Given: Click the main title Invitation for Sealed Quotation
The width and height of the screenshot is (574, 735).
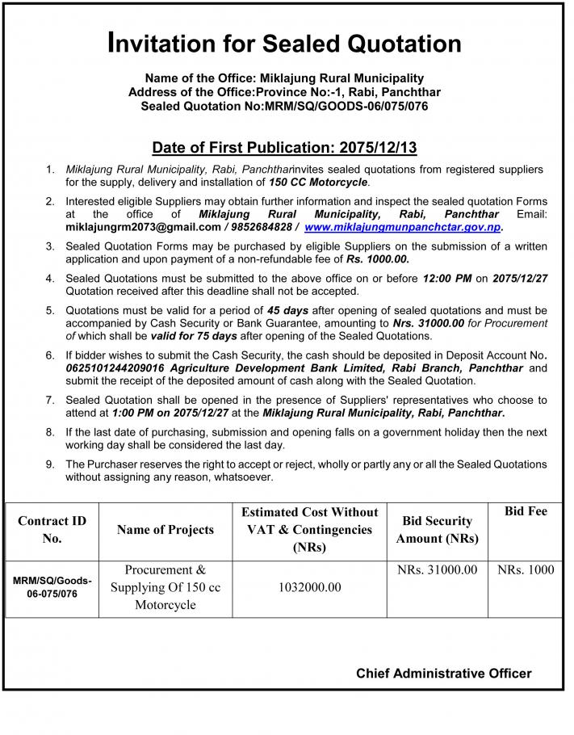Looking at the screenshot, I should [284, 43].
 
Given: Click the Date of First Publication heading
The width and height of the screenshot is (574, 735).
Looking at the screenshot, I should [284, 148].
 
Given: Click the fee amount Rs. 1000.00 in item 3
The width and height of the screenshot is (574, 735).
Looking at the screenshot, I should [377, 259].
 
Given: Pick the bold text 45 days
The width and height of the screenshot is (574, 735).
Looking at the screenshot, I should [287, 310].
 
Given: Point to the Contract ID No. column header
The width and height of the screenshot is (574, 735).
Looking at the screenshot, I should [52, 529].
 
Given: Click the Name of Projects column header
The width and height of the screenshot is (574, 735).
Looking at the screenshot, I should [165, 530].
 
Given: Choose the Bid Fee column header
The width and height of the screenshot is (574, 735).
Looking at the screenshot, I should [526, 511].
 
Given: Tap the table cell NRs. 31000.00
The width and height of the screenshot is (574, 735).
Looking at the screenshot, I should [437, 570].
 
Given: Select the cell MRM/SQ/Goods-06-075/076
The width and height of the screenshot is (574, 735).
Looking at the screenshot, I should [52, 588].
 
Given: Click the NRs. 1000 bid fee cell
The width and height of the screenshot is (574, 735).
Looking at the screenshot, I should [526, 570].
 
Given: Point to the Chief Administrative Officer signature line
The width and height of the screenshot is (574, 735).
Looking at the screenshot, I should [443, 673].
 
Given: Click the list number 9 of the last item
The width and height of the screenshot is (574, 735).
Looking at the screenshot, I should [50, 464].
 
